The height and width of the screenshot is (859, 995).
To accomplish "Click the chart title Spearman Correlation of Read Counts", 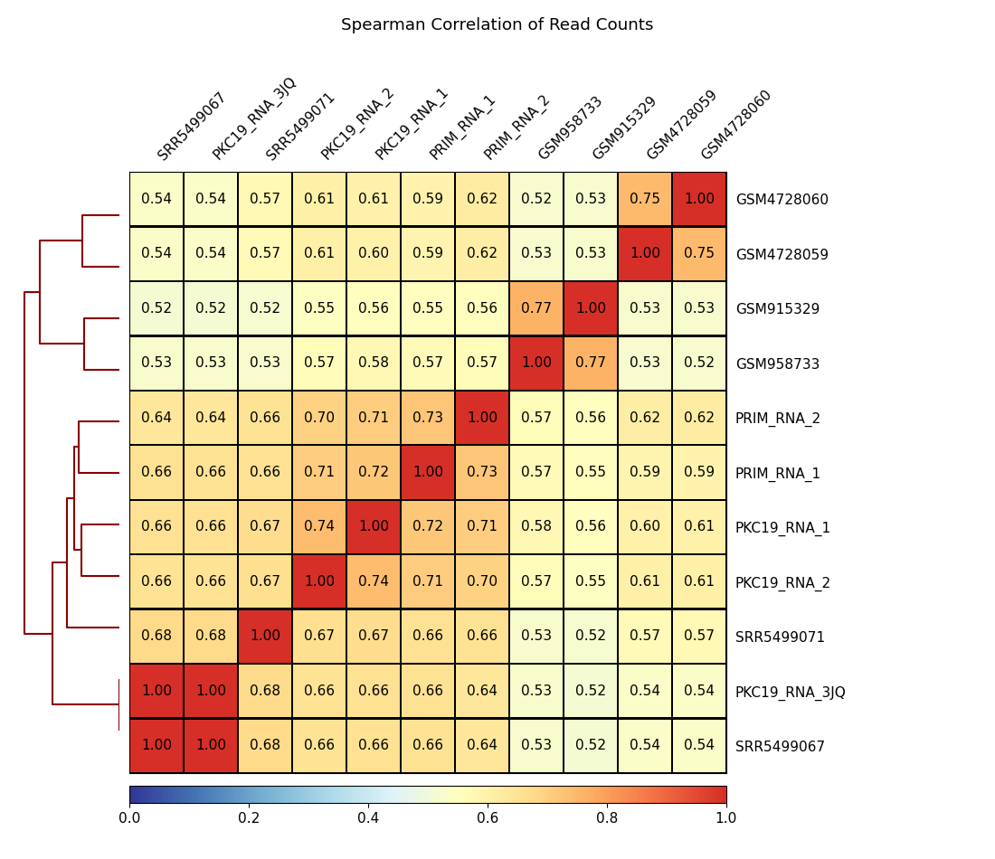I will point(497,25).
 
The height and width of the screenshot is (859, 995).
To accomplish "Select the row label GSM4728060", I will point(782,200).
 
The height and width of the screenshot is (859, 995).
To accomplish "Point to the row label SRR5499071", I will point(780,637).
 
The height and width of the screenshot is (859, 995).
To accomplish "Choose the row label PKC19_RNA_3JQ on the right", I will point(790,693).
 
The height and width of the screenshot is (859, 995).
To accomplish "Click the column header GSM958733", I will point(570,128).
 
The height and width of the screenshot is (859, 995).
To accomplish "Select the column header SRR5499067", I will point(191,127).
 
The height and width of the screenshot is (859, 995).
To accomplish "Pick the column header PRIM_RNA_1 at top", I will point(462,127).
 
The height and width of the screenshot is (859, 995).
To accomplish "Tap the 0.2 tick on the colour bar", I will point(249,818).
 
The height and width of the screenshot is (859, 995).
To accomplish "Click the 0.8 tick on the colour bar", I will point(607,818).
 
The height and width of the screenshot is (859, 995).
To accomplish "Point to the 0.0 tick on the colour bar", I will point(129,818).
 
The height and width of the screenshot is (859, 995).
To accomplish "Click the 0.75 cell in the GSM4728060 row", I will point(645,199).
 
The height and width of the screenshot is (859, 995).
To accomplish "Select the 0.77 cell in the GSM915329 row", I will point(536,308).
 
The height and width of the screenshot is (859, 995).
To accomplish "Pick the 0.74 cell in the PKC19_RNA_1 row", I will point(319,526).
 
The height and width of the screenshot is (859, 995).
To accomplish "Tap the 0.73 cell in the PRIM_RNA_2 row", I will point(428,418).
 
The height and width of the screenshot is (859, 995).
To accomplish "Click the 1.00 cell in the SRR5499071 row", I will point(265,636).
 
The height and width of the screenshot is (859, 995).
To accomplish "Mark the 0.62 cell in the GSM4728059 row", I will point(482,253).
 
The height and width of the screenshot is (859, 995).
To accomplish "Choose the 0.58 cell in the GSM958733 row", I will point(374,363).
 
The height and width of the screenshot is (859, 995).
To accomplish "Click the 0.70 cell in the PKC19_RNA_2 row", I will point(482,581).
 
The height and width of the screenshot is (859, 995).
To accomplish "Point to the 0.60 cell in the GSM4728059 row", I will point(374,253).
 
